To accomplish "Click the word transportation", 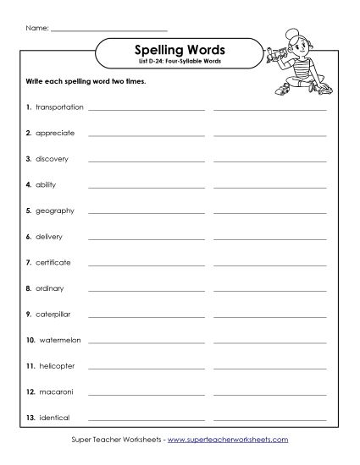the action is point(59,107).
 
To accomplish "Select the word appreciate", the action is point(56,133).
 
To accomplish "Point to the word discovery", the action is point(53,158).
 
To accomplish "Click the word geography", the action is point(55,210).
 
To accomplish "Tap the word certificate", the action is point(53,262).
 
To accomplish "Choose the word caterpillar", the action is point(55,314).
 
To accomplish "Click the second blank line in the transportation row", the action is point(269,110).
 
